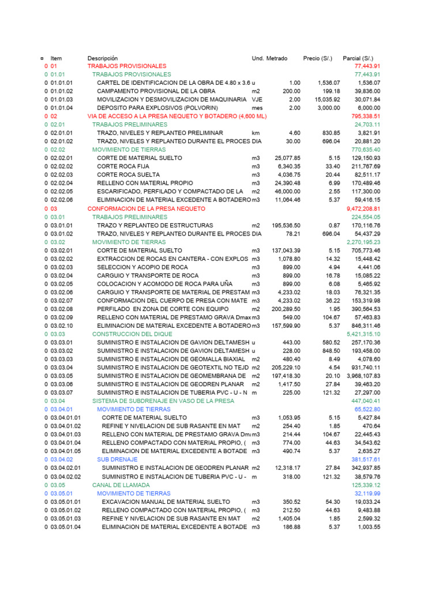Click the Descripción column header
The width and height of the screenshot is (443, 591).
point(102,58)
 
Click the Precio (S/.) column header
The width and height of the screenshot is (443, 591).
point(318,58)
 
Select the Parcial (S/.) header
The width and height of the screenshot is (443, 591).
point(358,58)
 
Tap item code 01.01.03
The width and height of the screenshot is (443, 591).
point(62,99)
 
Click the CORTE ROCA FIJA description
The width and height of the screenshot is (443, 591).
point(123,166)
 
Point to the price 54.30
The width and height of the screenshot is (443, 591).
point(332,502)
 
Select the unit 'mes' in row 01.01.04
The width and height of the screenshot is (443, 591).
point(257,108)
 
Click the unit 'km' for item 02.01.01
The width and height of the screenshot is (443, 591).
point(256,133)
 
